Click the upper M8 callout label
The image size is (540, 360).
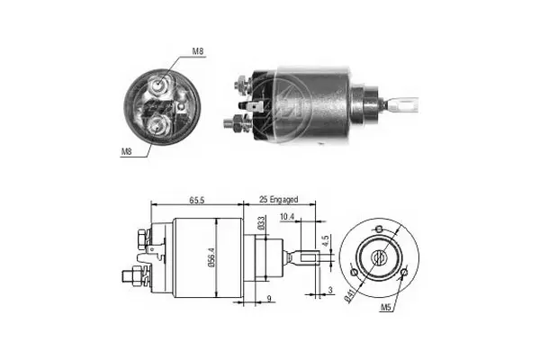[x=198, y=51]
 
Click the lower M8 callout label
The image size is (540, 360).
[x=126, y=151]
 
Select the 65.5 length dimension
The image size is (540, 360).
[x=196, y=200]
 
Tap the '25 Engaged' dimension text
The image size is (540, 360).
[x=278, y=200]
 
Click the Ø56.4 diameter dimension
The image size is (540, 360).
[x=211, y=258]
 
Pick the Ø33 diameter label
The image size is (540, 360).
[x=261, y=223]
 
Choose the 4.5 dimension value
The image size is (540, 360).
[x=327, y=240]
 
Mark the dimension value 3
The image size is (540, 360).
[x=330, y=290]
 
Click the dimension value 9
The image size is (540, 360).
[x=269, y=298]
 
